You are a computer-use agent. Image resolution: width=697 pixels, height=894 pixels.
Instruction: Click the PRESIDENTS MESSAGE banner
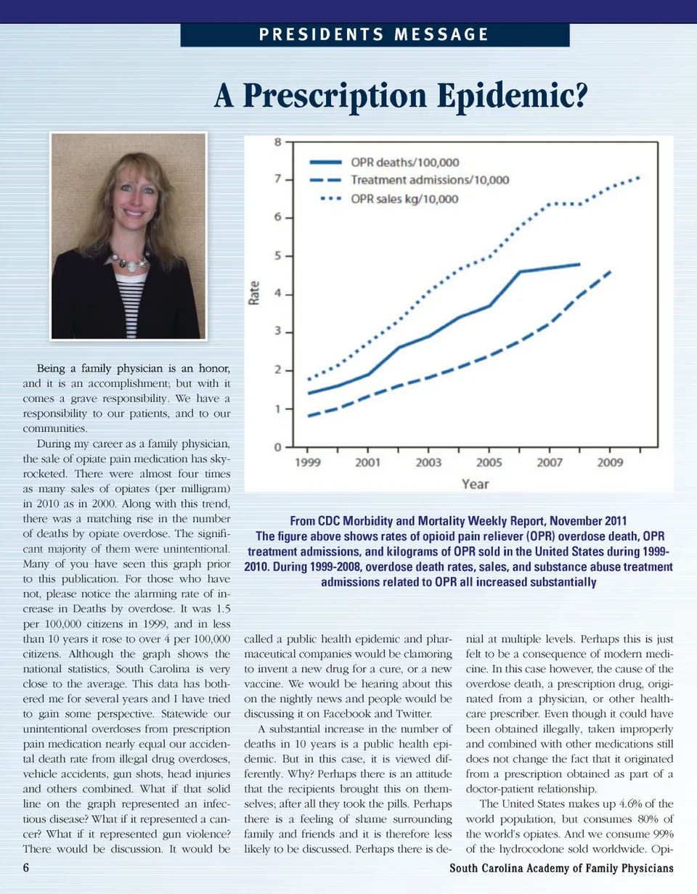[x=374, y=34]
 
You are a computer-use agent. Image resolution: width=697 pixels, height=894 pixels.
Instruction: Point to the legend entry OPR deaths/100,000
[x=405, y=163]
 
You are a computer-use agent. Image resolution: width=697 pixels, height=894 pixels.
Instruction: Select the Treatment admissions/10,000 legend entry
[x=430, y=180]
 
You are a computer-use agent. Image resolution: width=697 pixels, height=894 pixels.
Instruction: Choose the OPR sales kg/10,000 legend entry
[x=404, y=198]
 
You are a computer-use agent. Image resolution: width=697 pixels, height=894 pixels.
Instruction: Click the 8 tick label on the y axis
[x=277, y=142]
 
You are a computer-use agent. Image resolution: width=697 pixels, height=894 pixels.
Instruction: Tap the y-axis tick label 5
[x=277, y=256]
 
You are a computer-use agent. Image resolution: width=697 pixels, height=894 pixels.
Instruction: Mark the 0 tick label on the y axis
[x=277, y=447]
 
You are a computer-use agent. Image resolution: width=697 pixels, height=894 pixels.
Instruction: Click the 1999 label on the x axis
[x=309, y=463]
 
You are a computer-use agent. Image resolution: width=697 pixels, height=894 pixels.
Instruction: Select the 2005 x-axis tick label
[x=490, y=463]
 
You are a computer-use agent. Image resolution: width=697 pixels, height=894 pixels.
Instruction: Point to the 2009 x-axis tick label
[x=611, y=463]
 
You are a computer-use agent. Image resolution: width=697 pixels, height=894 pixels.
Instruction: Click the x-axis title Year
[x=476, y=484]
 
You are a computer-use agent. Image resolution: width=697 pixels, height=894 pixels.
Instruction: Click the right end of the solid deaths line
[x=579, y=264]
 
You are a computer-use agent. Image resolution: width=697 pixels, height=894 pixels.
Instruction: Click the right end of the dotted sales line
[x=639, y=177]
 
